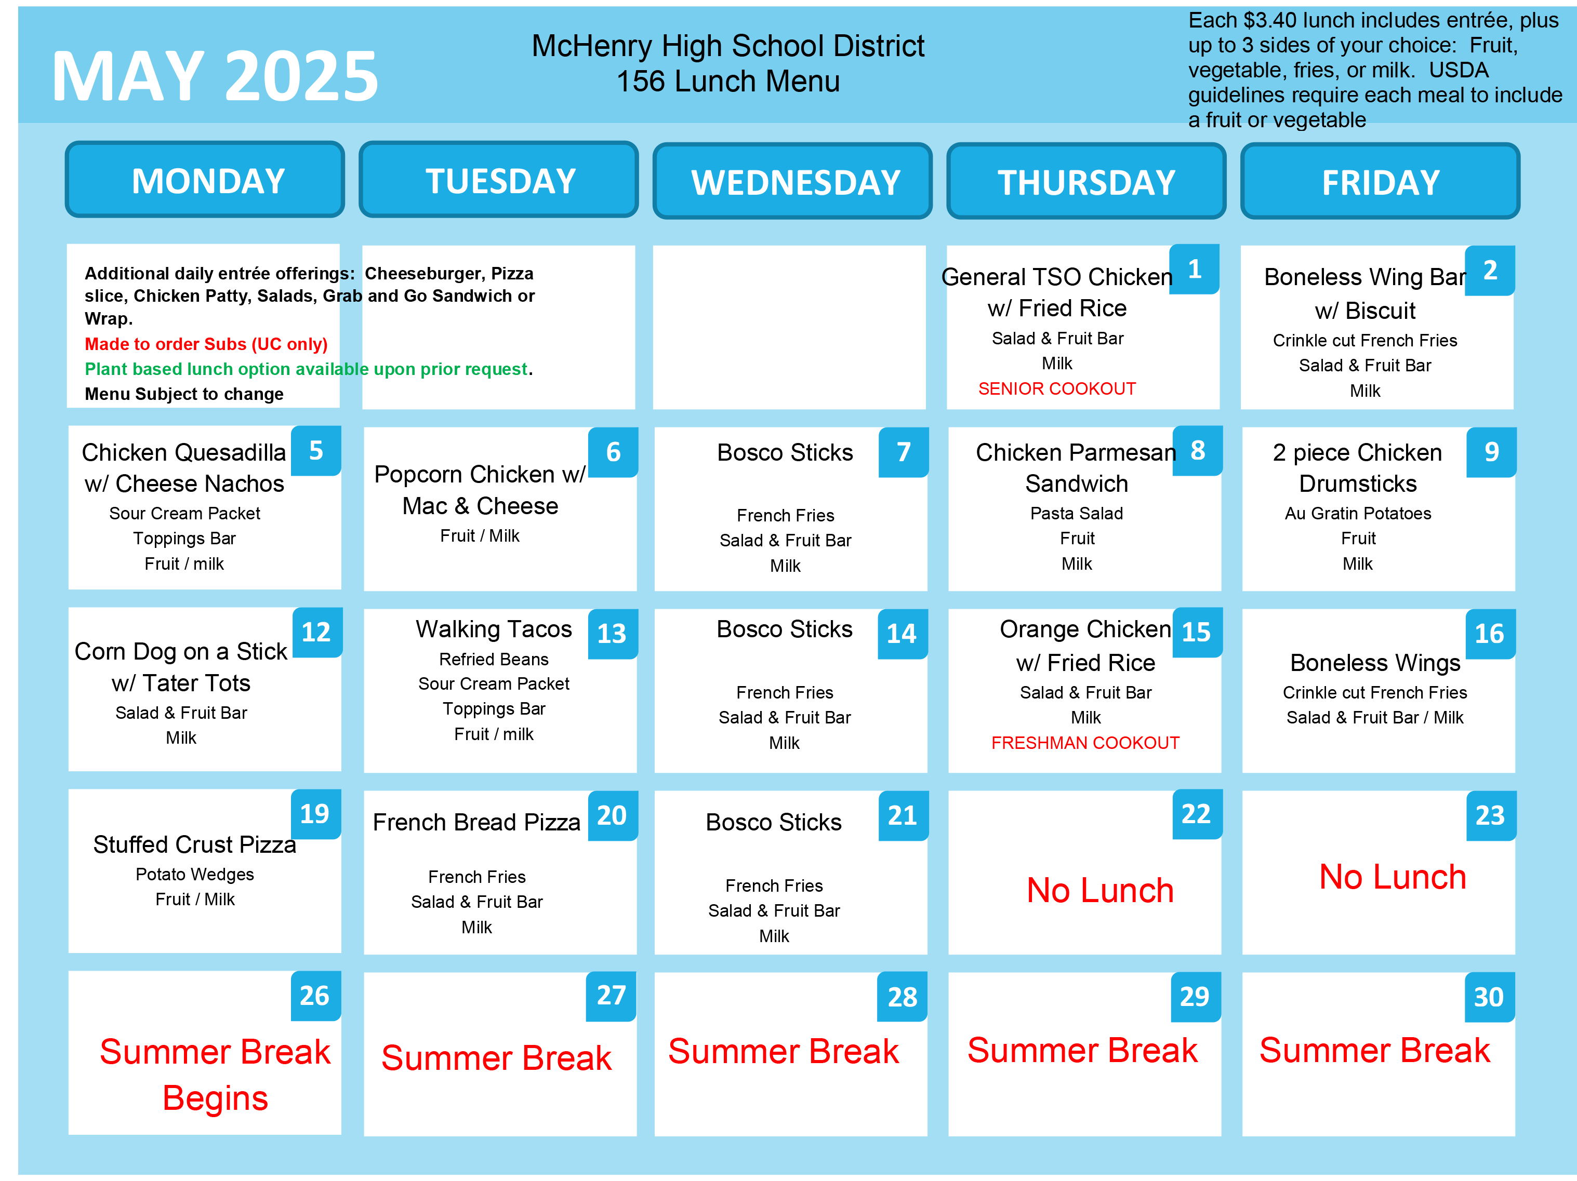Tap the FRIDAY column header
point(1380,181)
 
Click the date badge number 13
point(613,634)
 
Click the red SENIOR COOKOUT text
point(1056,388)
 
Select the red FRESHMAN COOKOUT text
point(1085,743)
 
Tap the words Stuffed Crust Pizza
point(195,844)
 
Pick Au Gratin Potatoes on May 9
point(1357,513)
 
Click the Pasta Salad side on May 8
point(1077,513)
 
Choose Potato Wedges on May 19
point(195,874)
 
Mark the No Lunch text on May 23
point(1393,877)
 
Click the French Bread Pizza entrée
point(476,822)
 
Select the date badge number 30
point(1489,997)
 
